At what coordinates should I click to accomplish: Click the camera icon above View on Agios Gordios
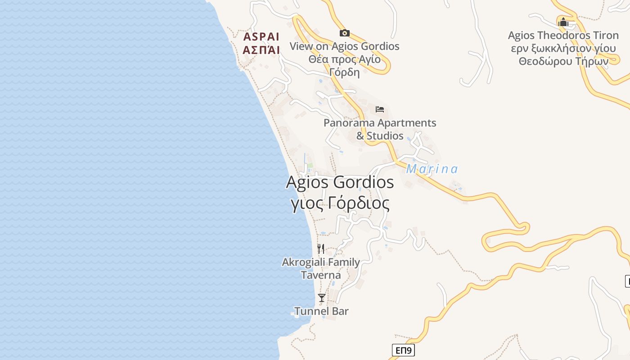345,33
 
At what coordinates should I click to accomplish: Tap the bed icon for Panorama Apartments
380,109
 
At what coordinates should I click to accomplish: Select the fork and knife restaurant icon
321,248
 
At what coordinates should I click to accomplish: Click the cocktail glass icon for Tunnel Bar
322,298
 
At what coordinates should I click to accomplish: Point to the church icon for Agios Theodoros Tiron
563,22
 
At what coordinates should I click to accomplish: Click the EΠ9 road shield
403,350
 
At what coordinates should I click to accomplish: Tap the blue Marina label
432,169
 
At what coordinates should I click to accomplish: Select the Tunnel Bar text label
321,311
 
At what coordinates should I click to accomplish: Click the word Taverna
321,275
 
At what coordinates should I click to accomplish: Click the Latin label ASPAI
261,36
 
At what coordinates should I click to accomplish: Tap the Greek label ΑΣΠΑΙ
261,49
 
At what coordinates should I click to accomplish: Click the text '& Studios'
380,135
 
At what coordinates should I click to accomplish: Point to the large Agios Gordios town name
340,182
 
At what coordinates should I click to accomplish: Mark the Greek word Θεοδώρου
545,61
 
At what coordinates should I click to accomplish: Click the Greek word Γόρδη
345,72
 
